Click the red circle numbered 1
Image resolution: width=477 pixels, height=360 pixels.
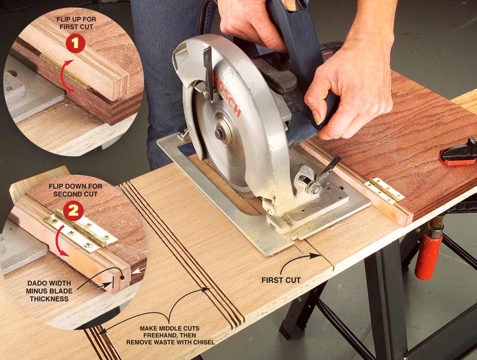coord(75,43)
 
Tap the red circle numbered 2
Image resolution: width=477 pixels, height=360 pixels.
coord(73,211)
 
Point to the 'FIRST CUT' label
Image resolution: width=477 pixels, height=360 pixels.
coord(281,280)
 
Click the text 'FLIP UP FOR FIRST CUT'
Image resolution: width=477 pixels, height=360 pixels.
coord(76,23)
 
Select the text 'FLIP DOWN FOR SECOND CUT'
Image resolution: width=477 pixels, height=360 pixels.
coord(75,190)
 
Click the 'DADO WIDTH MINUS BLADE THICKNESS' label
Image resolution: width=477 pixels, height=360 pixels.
coord(49,291)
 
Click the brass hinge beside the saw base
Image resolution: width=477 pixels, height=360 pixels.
coord(384,190)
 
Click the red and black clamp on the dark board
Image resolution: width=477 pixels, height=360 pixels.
coord(459,153)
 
